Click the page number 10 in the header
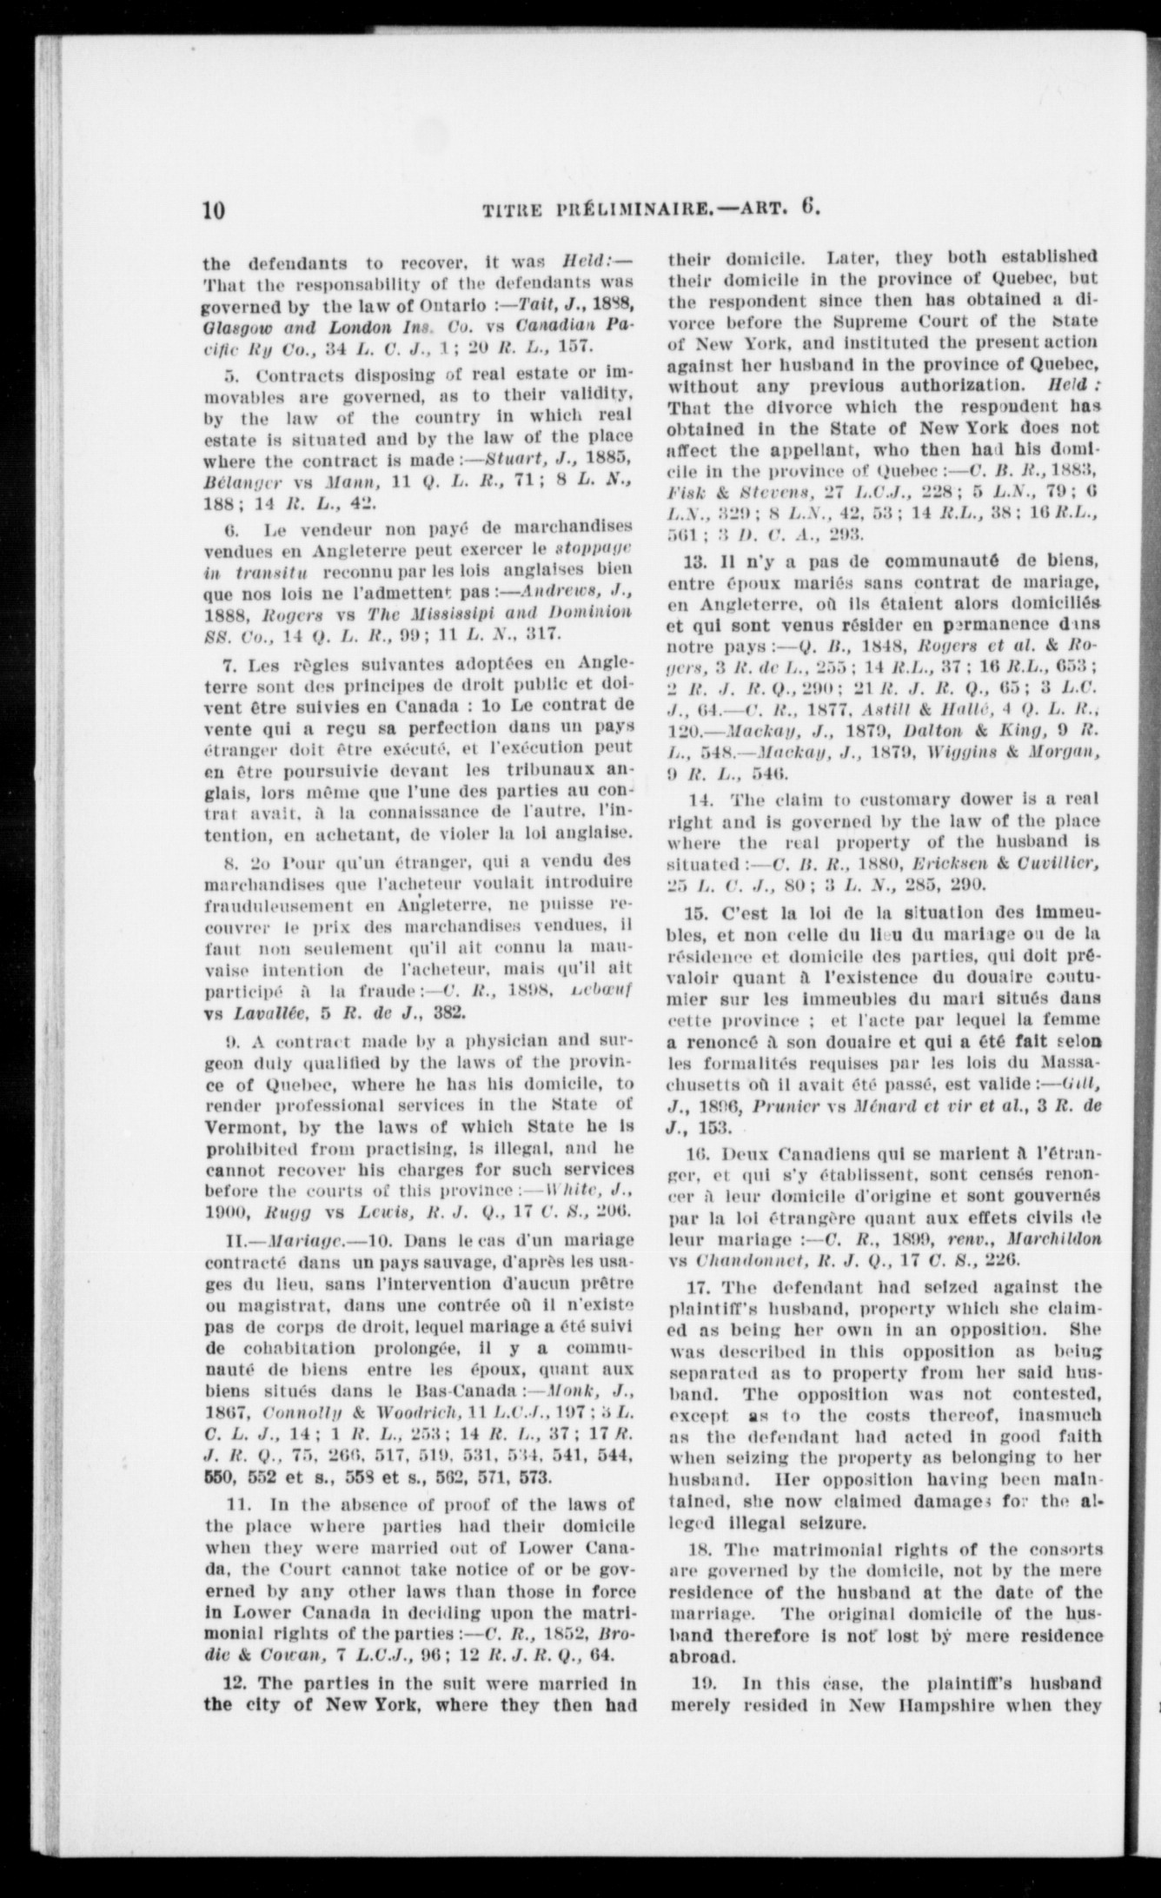point(214,211)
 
